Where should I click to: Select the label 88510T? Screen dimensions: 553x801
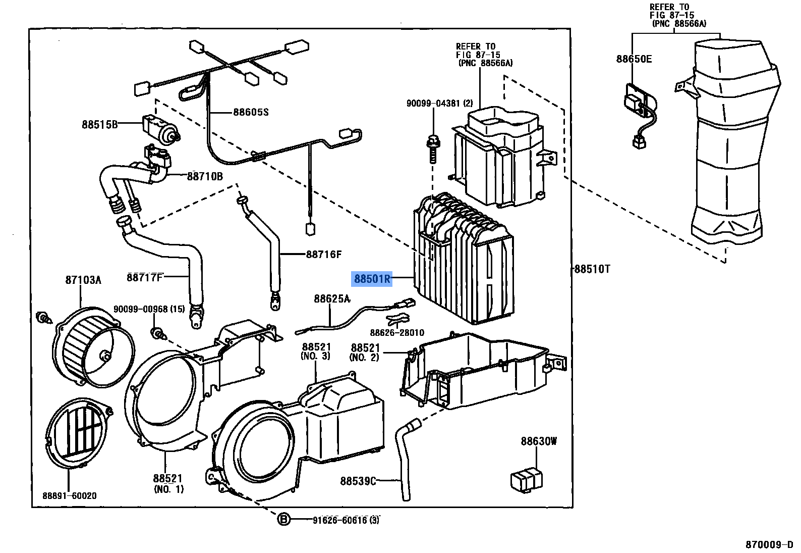tap(592, 269)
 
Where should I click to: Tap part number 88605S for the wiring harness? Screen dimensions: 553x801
tap(251, 112)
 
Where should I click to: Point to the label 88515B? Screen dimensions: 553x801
tap(99, 124)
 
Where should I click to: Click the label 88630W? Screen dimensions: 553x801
tap(539, 441)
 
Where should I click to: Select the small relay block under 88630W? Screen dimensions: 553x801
tap(528, 478)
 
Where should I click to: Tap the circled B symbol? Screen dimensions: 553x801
tap(284, 519)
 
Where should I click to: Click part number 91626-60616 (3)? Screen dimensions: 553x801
tap(346, 520)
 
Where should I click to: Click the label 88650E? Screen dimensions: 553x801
tap(634, 59)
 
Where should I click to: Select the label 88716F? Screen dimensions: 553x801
tap(324, 255)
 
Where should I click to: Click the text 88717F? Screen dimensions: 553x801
tap(145, 277)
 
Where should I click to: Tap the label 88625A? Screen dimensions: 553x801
tap(331, 299)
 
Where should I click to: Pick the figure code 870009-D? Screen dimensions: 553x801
tap(770, 545)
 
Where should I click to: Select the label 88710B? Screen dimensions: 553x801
tap(205, 176)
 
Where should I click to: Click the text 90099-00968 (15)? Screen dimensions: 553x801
tap(149, 309)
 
